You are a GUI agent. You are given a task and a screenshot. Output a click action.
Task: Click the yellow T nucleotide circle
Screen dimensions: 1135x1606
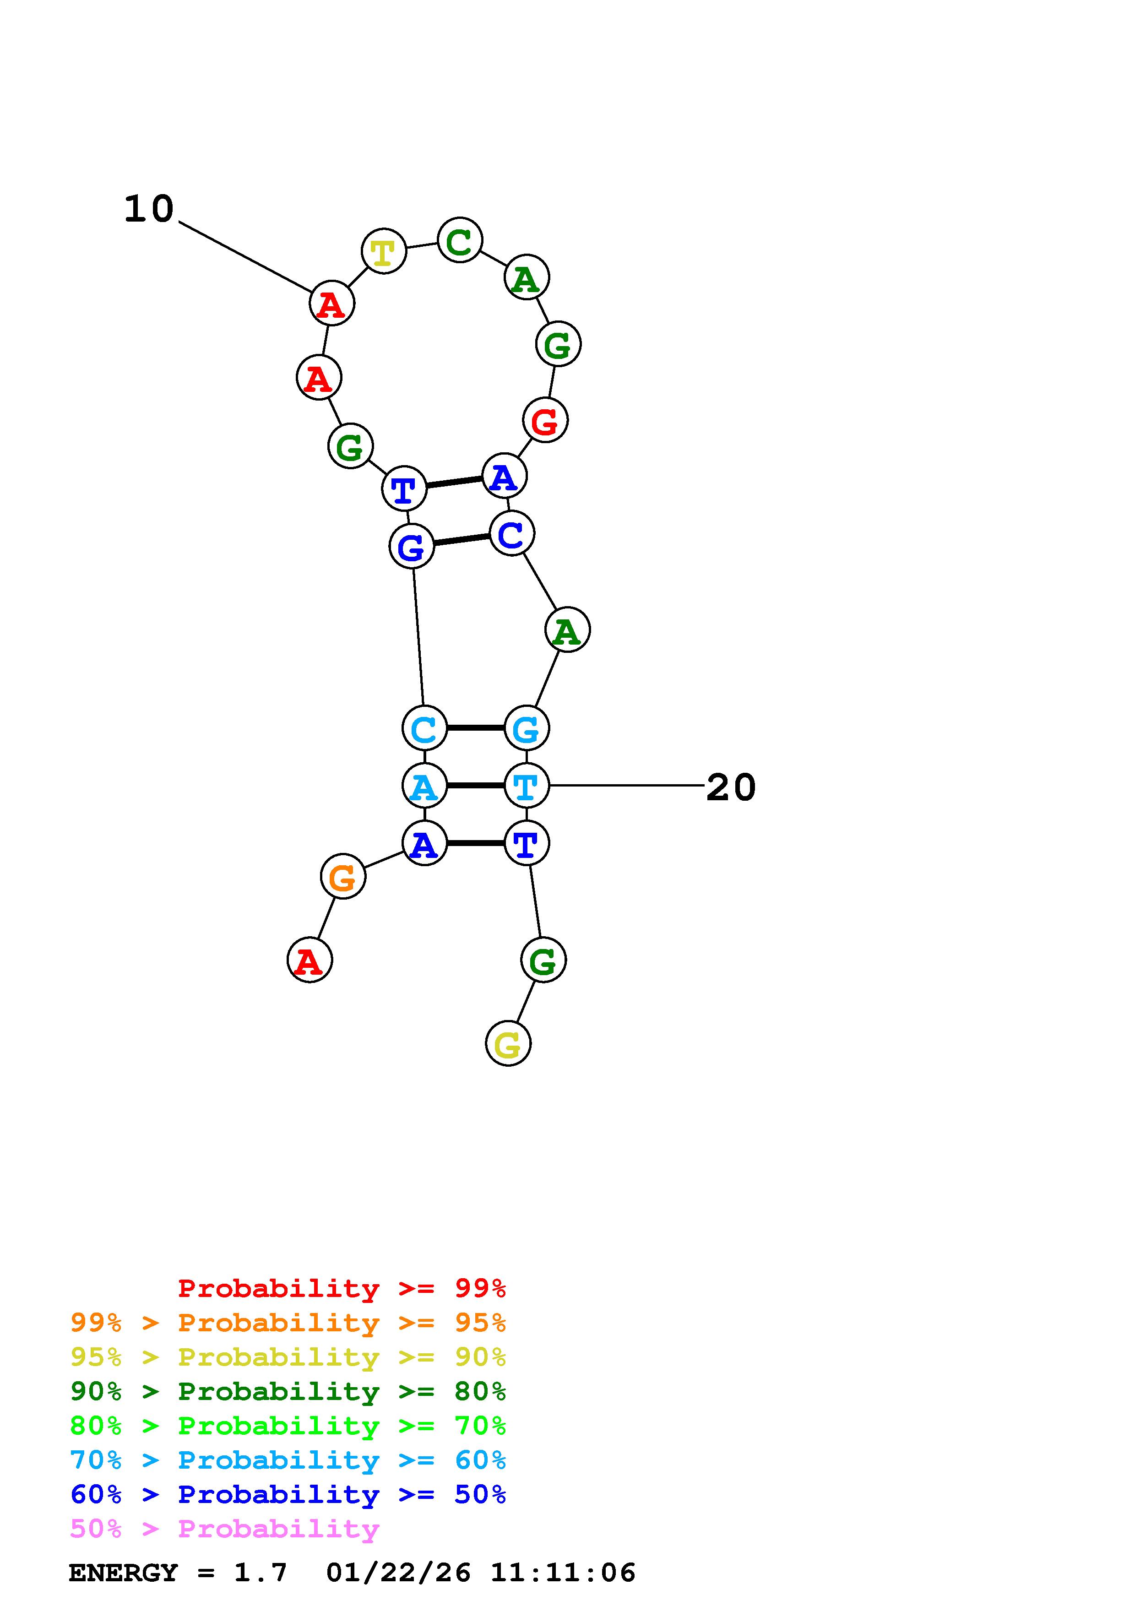coord(383,251)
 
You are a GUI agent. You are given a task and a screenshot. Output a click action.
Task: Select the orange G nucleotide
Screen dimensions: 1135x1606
coord(342,876)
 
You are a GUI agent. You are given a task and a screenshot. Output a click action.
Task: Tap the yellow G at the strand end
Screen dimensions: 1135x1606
coord(508,1044)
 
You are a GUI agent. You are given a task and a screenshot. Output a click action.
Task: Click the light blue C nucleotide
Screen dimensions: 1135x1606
coord(424,728)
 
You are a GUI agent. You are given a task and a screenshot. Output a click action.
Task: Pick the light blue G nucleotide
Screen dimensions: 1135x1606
coord(526,728)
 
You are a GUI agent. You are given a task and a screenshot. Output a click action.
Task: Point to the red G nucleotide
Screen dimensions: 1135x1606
coord(545,420)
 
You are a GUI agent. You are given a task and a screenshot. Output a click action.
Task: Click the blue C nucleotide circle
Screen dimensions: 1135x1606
coord(511,534)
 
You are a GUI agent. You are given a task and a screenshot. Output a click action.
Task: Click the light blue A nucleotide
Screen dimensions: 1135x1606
coord(424,786)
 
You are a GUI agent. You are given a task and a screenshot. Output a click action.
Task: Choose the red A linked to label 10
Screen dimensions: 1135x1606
coord(331,304)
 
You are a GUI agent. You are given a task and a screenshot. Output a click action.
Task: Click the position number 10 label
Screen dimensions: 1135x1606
coord(148,209)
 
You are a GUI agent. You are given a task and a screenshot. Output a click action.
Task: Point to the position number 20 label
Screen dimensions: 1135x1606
coord(731,787)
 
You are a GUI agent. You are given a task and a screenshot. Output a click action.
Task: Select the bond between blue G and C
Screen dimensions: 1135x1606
coord(462,540)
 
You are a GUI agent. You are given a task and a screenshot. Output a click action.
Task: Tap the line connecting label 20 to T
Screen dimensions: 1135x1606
coord(626,786)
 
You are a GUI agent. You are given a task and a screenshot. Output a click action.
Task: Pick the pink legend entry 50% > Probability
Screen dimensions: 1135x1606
coord(224,1529)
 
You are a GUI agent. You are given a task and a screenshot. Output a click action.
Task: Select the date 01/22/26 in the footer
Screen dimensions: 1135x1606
coord(399,1573)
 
